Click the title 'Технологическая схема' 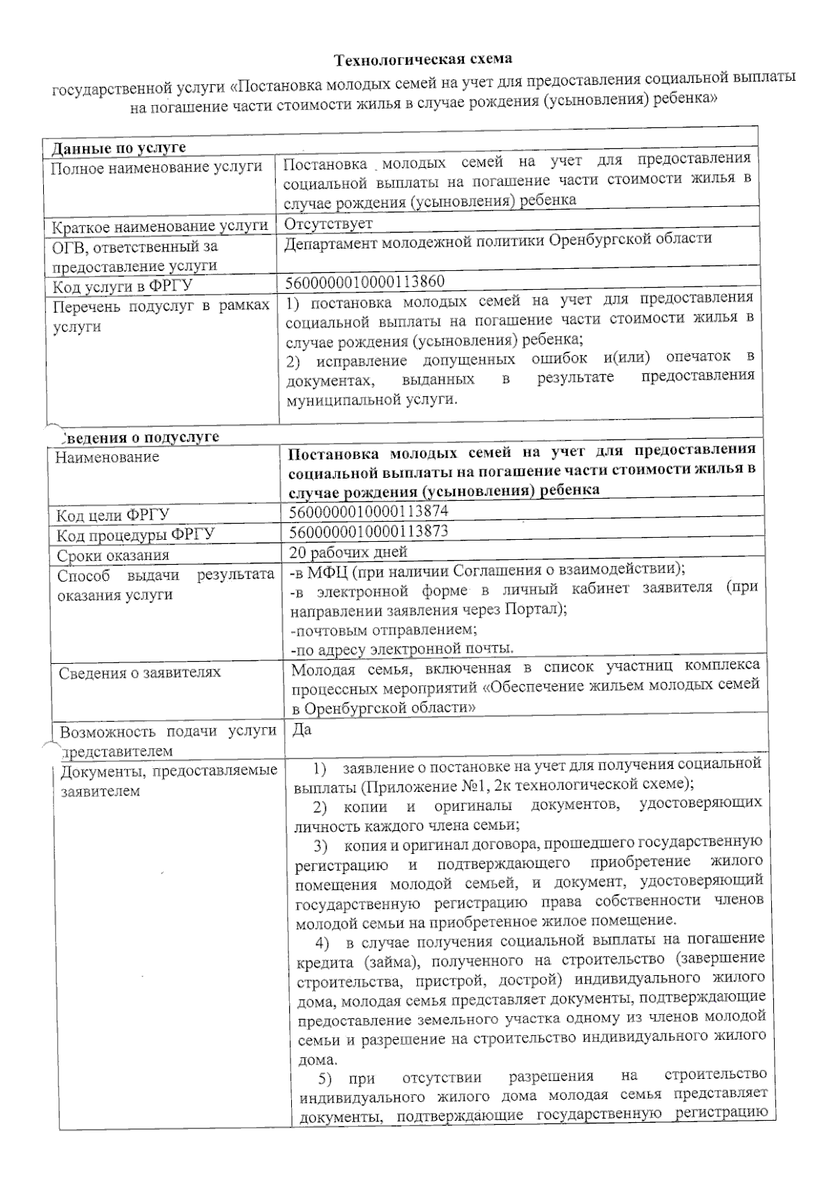tap(424, 60)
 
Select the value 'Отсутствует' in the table tap(328, 224)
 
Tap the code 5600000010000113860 tap(364, 281)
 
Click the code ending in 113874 tap(368, 511)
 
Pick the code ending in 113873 tap(368, 531)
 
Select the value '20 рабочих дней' tap(348, 552)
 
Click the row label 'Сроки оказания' tap(113, 556)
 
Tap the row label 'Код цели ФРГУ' tap(113, 515)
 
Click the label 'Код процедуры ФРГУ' tap(136, 535)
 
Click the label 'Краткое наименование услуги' tap(160, 226)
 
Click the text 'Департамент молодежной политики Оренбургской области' tap(498, 240)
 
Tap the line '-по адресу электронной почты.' tap(402, 649)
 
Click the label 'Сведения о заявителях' tap(139, 673)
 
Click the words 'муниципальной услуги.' tap(372, 401)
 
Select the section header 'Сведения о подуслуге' tap(138, 437)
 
